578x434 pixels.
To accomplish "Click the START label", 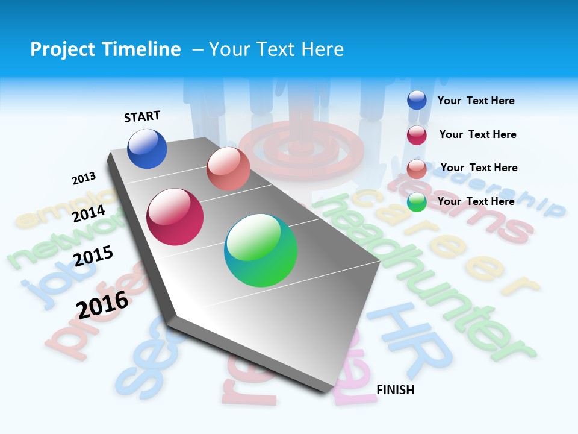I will (142, 116).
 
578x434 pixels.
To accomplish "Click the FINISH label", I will (395, 390).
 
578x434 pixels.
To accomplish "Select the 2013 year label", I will (84, 178).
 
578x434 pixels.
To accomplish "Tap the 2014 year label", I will (89, 213).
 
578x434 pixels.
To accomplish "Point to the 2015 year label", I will (93, 256).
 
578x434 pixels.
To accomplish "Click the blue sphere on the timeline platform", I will (147, 148).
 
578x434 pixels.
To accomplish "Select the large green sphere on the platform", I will (261, 250).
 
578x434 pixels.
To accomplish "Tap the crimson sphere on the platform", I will (175, 217).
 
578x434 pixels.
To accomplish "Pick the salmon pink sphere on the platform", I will (228, 169).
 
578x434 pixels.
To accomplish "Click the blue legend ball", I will (417, 101).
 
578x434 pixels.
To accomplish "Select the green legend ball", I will (417, 202).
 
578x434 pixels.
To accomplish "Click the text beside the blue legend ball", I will (476, 101).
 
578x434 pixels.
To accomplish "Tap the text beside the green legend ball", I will (476, 201).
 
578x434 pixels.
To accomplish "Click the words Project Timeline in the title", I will (105, 49).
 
